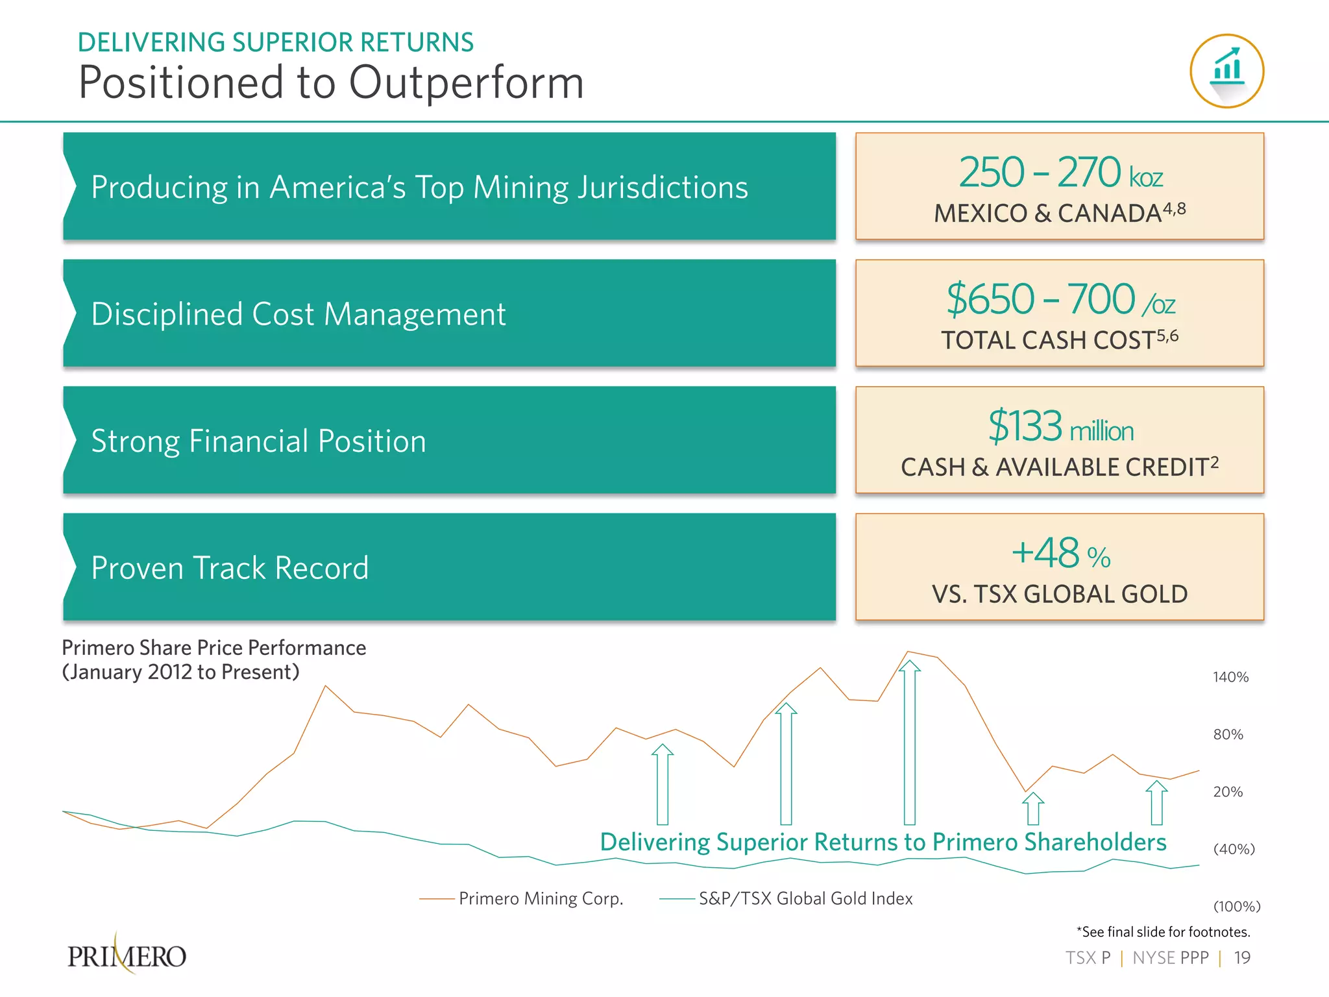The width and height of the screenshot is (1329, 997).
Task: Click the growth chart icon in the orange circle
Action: (1226, 70)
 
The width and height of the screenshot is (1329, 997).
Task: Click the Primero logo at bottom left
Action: (127, 955)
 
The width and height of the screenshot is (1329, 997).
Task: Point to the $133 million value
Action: (1060, 426)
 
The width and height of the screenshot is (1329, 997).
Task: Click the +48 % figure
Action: (1060, 554)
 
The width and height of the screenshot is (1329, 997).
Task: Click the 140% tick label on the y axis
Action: (1230, 677)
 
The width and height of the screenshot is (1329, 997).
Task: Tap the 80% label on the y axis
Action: (1228, 734)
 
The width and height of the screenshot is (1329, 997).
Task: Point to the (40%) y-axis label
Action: (1234, 849)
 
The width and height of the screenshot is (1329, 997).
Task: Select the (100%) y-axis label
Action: (1236, 906)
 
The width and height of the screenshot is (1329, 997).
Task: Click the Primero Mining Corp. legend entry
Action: (540, 898)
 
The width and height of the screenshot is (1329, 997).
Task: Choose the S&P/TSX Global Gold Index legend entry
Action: (805, 898)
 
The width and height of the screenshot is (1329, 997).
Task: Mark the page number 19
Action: (1241, 958)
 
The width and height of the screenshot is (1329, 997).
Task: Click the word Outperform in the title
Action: (466, 82)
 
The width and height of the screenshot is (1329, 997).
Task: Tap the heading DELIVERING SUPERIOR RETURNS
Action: (276, 42)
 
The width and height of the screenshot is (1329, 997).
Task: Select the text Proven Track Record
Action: (230, 568)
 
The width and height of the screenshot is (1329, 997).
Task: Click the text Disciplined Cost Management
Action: (298, 314)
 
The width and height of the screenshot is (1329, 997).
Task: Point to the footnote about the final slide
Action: (1163, 932)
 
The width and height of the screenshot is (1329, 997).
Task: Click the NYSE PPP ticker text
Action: (1170, 958)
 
